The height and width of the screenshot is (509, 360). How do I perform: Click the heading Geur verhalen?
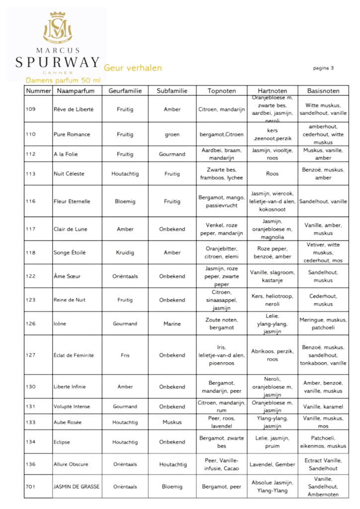point(133,68)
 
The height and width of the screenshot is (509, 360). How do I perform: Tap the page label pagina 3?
point(323,68)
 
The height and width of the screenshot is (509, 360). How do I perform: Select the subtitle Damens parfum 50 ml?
point(63,80)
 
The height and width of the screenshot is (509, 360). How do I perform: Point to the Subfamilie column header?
point(172,91)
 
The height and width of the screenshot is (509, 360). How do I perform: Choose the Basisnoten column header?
point(323,91)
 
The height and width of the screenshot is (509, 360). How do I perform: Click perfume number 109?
point(31,109)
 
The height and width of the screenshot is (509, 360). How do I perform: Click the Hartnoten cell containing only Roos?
point(272,174)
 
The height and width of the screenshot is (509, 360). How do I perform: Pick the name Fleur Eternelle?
point(72,202)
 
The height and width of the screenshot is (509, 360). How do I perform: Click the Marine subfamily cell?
point(172,324)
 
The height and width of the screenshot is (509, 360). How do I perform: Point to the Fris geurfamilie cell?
point(125,355)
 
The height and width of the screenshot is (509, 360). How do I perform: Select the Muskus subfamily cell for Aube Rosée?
point(172,423)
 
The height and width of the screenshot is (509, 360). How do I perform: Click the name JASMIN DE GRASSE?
point(77,487)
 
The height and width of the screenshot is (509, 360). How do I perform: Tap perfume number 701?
point(31,487)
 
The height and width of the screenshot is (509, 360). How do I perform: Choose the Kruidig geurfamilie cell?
point(125,253)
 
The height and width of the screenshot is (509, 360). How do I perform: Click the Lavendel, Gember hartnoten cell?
point(272,464)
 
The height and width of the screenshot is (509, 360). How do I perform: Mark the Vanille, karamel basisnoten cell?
point(323,407)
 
